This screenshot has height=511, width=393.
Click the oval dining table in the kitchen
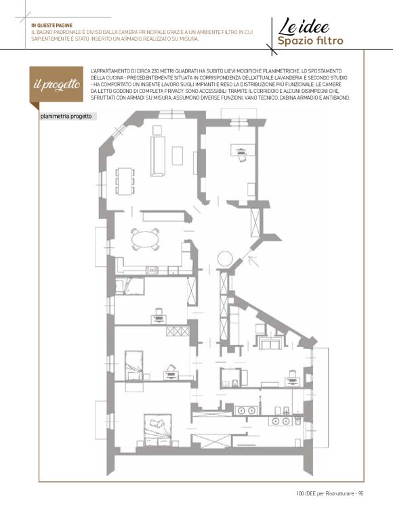[145, 239]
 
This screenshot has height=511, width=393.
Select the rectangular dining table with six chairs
[125, 181]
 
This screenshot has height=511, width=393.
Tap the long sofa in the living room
[158, 157]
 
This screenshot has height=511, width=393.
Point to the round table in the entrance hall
[225, 259]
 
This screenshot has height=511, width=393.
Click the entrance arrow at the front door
[253, 262]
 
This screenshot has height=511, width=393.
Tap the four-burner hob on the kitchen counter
[152, 270]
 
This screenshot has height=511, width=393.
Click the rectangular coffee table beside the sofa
[178, 156]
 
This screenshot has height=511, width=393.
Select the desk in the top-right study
[243, 150]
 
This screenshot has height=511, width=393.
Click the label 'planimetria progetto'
[66, 117]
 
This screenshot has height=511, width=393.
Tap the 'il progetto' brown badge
[56, 85]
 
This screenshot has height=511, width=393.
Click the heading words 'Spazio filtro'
[310, 41]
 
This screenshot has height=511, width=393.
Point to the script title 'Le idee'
[304, 26]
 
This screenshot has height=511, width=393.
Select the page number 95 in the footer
[360, 493]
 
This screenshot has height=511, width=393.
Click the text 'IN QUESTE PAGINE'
[51, 25]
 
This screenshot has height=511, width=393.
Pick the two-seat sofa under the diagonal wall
[270, 343]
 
